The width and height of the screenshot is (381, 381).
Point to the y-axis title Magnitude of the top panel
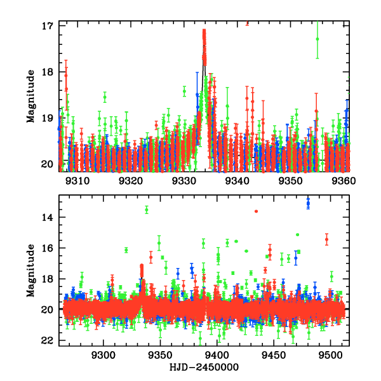pos(30,96)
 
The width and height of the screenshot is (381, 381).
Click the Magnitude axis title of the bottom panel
pos(30,271)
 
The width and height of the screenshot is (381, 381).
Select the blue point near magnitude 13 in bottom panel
pos(308,203)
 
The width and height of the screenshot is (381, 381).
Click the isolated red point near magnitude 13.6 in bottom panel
pos(256,211)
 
